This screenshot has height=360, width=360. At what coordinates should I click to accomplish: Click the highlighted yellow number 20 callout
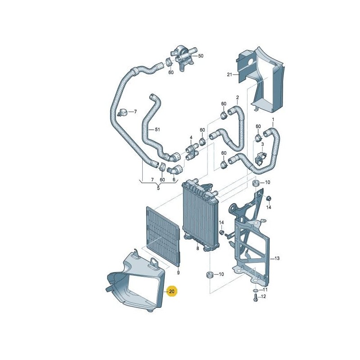(x=172, y=292)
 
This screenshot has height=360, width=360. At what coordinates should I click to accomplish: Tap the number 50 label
(x=201, y=56)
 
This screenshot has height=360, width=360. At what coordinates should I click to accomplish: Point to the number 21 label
(x=229, y=75)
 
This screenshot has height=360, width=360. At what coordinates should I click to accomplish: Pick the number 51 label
(x=157, y=130)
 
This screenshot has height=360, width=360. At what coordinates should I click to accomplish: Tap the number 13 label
(x=278, y=258)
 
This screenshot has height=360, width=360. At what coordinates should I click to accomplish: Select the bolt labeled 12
(x=256, y=302)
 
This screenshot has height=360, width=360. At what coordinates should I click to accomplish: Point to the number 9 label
(x=178, y=273)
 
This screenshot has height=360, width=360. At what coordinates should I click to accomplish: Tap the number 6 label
(x=174, y=180)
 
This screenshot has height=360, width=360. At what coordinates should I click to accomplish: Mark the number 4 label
(x=191, y=138)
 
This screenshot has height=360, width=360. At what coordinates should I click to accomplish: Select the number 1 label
(x=272, y=120)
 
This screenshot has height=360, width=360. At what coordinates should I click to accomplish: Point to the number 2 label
(x=237, y=97)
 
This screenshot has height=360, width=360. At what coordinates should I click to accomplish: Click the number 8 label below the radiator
(x=197, y=248)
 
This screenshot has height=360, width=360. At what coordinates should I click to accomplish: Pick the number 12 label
(x=264, y=297)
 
